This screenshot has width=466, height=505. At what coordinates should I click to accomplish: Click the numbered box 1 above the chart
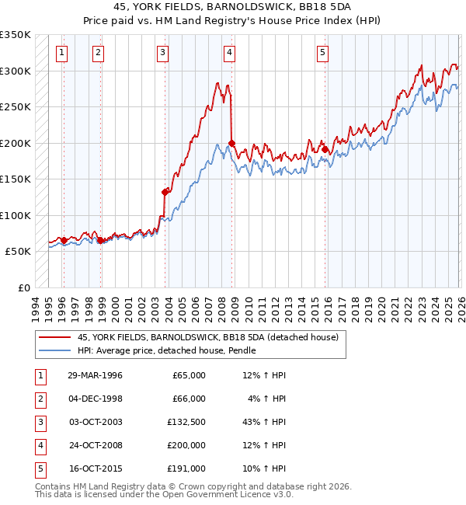[x=61, y=53]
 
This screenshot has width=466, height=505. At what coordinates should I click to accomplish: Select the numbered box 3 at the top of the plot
[x=162, y=53]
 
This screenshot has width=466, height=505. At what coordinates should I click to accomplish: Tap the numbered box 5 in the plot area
[x=322, y=53]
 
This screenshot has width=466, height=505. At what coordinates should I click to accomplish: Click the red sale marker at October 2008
[x=232, y=143]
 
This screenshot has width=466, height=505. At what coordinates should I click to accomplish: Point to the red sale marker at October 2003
[x=165, y=192]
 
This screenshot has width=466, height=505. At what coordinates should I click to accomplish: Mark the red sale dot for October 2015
[x=325, y=149]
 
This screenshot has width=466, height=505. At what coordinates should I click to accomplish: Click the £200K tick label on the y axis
[x=16, y=143]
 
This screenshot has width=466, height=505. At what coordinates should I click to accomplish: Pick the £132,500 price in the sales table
[x=185, y=422]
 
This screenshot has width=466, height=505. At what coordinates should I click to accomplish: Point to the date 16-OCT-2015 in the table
[x=95, y=468]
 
